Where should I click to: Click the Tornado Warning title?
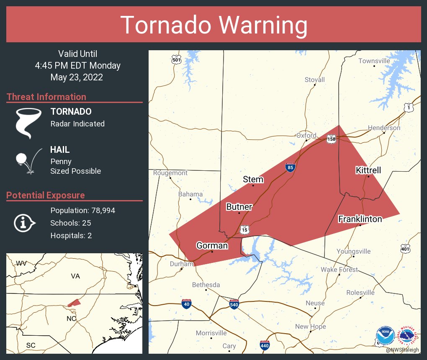213,25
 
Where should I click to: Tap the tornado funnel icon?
28,123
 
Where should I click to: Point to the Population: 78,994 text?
82,210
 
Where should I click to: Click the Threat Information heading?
46,97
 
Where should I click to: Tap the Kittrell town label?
368,170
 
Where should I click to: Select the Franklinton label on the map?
360,219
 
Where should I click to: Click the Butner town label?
239,207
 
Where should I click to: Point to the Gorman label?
212,245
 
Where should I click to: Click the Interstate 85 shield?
290,167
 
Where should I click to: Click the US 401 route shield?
405,249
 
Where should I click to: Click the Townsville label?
374,61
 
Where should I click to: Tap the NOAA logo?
385,336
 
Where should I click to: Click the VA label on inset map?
75,276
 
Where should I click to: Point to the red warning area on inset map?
74,303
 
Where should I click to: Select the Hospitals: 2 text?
71,235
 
